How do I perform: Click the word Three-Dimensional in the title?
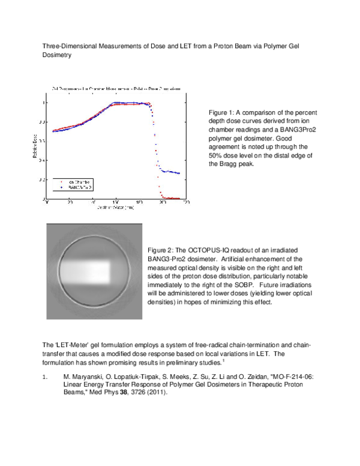[66, 46]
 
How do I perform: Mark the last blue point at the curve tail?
[179, 174]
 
